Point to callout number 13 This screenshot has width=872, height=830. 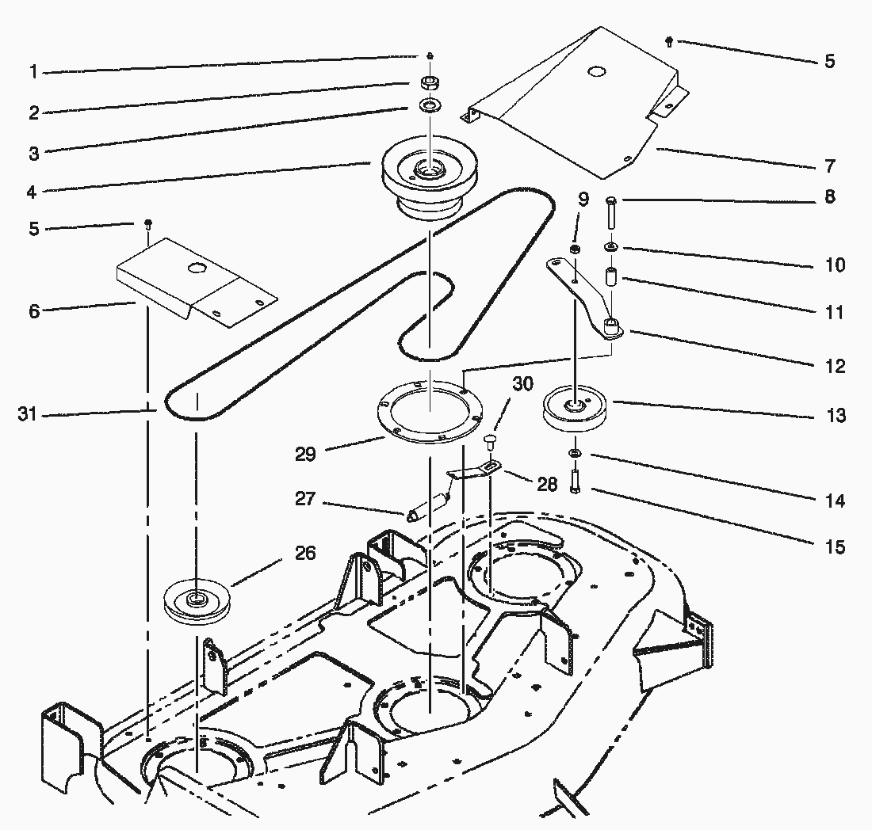point(836,416)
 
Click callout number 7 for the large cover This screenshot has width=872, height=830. point(829,166)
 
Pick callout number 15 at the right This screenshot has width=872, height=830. point(835,547)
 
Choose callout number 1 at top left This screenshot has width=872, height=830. point(34,72)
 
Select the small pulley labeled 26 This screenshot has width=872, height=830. point(193,603)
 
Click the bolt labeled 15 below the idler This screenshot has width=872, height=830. point(574,481)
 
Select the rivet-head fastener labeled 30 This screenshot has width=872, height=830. point(490,440)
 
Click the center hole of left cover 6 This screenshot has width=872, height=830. point(193,269)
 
